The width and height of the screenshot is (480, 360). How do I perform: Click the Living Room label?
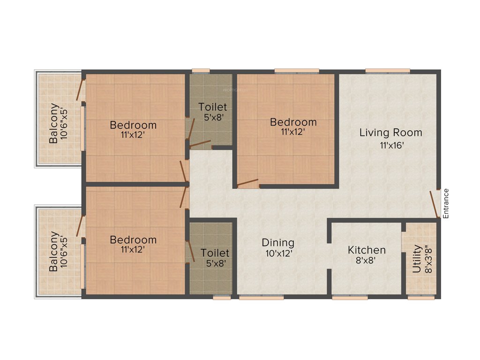tap(390, 133)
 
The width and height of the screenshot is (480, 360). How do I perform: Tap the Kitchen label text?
tap(367, 250)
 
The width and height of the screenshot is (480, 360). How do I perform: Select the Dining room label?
tap(278, 243)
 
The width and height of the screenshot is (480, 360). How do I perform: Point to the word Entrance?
tap(446, 203)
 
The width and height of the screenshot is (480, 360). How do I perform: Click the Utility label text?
tap(416, 259)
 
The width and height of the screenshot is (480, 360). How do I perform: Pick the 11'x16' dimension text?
tap(392, 145)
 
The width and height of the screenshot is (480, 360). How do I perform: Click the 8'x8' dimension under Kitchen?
tap(367, 261)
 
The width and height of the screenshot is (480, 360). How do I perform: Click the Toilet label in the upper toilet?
tap(212, 106)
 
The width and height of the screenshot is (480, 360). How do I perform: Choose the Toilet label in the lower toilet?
tap(215, 253)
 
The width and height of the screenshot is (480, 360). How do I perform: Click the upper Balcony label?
tap(54, 123)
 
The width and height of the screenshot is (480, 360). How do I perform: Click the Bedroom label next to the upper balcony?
tap(133, 125)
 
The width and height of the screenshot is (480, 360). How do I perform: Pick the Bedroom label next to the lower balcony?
tap(133, 240)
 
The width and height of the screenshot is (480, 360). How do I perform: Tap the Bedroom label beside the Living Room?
tap(293, 122)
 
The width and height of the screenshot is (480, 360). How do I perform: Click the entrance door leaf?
tap(434, 204)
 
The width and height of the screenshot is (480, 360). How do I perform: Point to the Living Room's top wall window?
tap(388, 71)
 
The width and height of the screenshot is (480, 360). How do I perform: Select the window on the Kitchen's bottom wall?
tap(350, 297)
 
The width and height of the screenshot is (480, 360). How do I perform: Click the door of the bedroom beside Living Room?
tap(248, 183)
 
